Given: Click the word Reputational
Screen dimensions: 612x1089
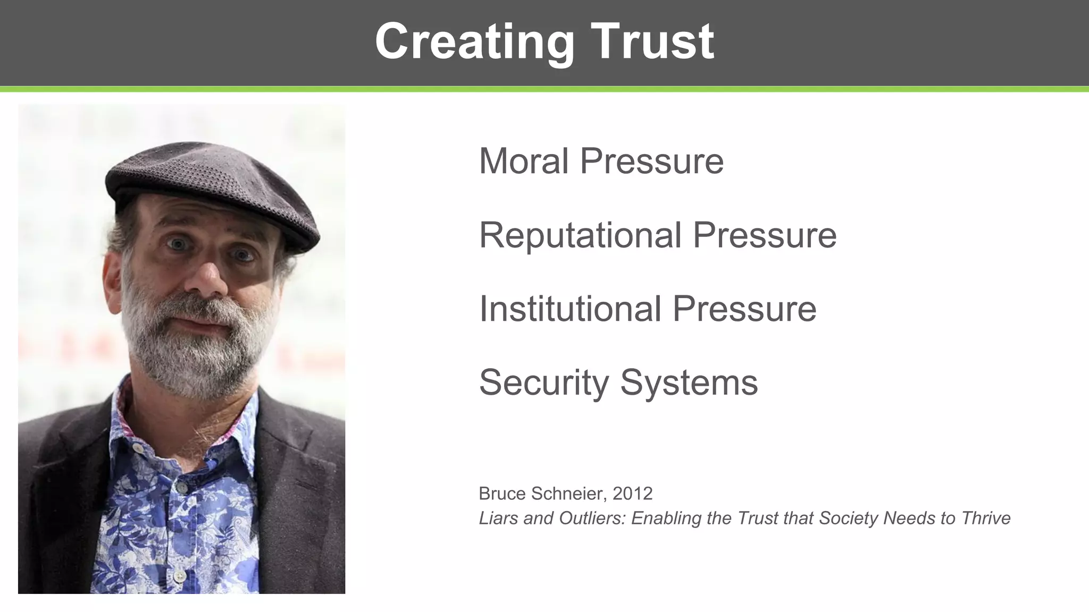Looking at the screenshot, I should [580, 235].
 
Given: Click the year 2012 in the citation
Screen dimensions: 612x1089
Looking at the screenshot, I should [632, 494].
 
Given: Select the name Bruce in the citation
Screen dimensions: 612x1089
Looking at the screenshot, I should [502, 494].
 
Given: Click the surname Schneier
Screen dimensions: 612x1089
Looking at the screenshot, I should [567, 494].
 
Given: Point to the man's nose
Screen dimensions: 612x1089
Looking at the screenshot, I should [207, 279].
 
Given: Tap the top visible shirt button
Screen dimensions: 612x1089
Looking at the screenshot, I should [138, 448].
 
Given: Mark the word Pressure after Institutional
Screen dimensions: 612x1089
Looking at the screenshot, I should [744, 309].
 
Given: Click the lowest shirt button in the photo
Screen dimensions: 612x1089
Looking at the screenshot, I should [180, 575].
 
